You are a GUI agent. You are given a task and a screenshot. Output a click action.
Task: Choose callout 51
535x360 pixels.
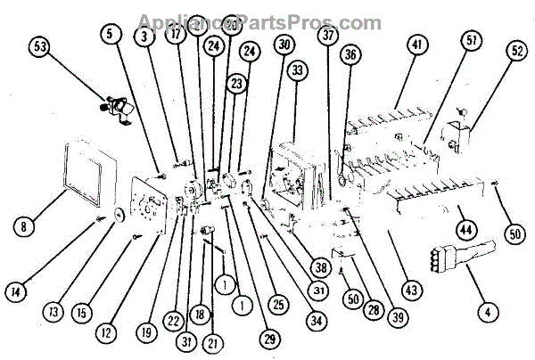(471, 42)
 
